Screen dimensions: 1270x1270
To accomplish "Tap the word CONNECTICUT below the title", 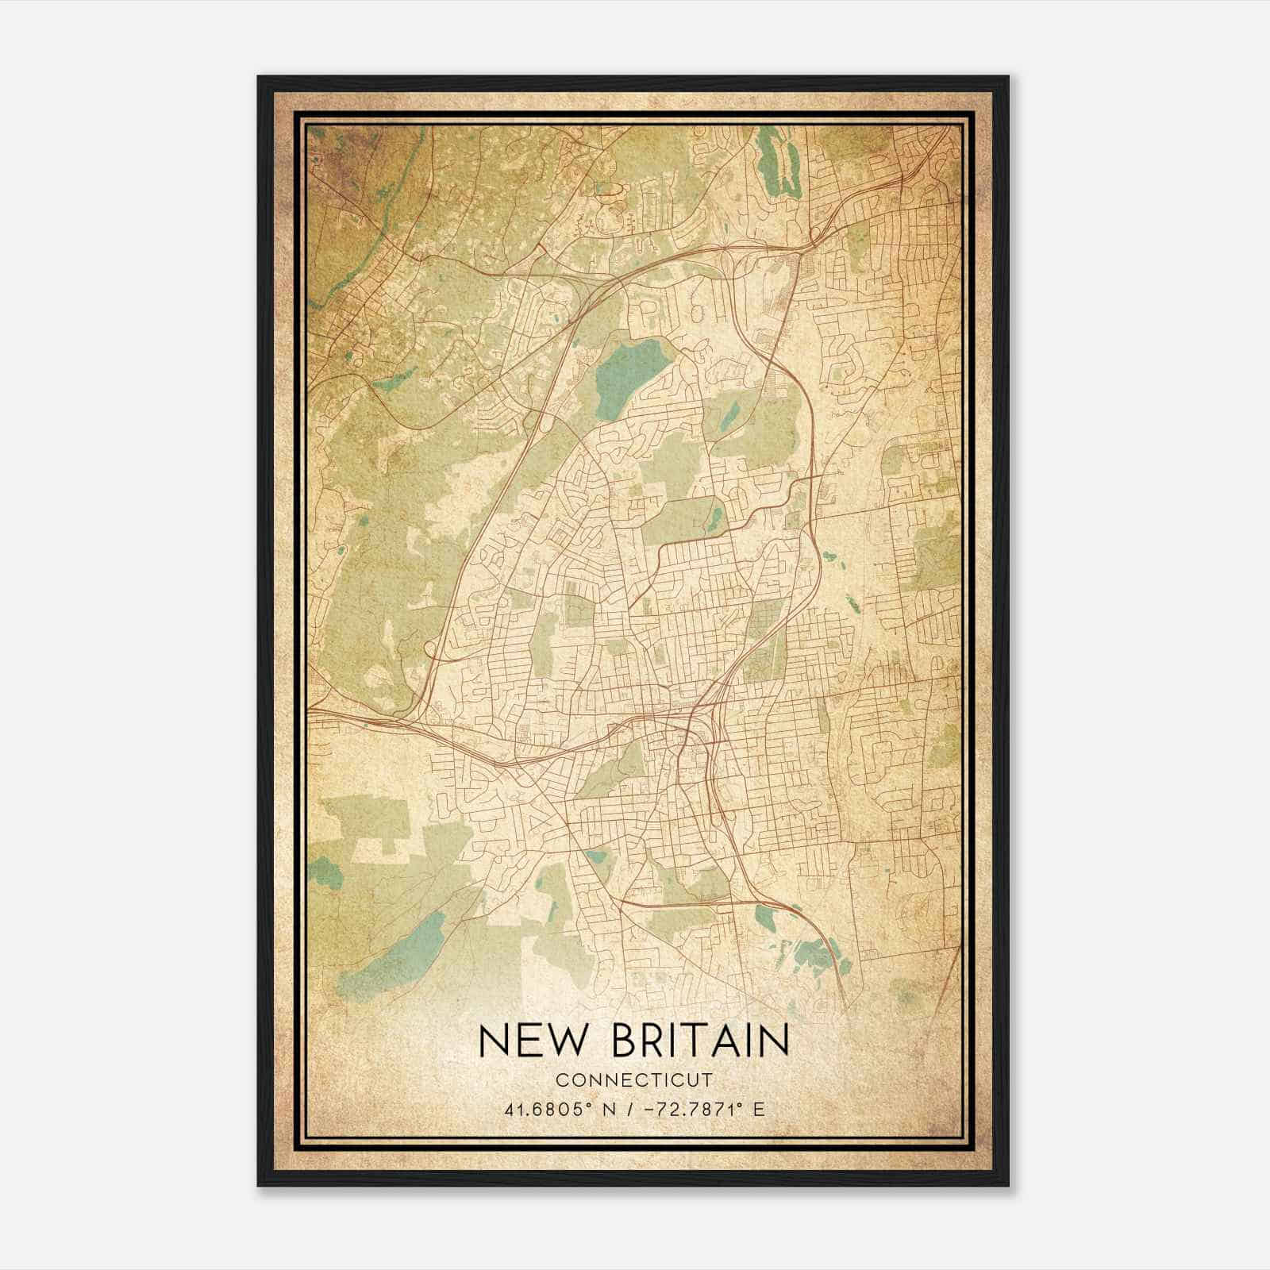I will [x=633, y=1080].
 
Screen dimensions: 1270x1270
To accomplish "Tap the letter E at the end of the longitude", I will [x=760, y=1109].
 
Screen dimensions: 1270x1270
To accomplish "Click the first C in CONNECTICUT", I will [x=561, y=1080].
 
